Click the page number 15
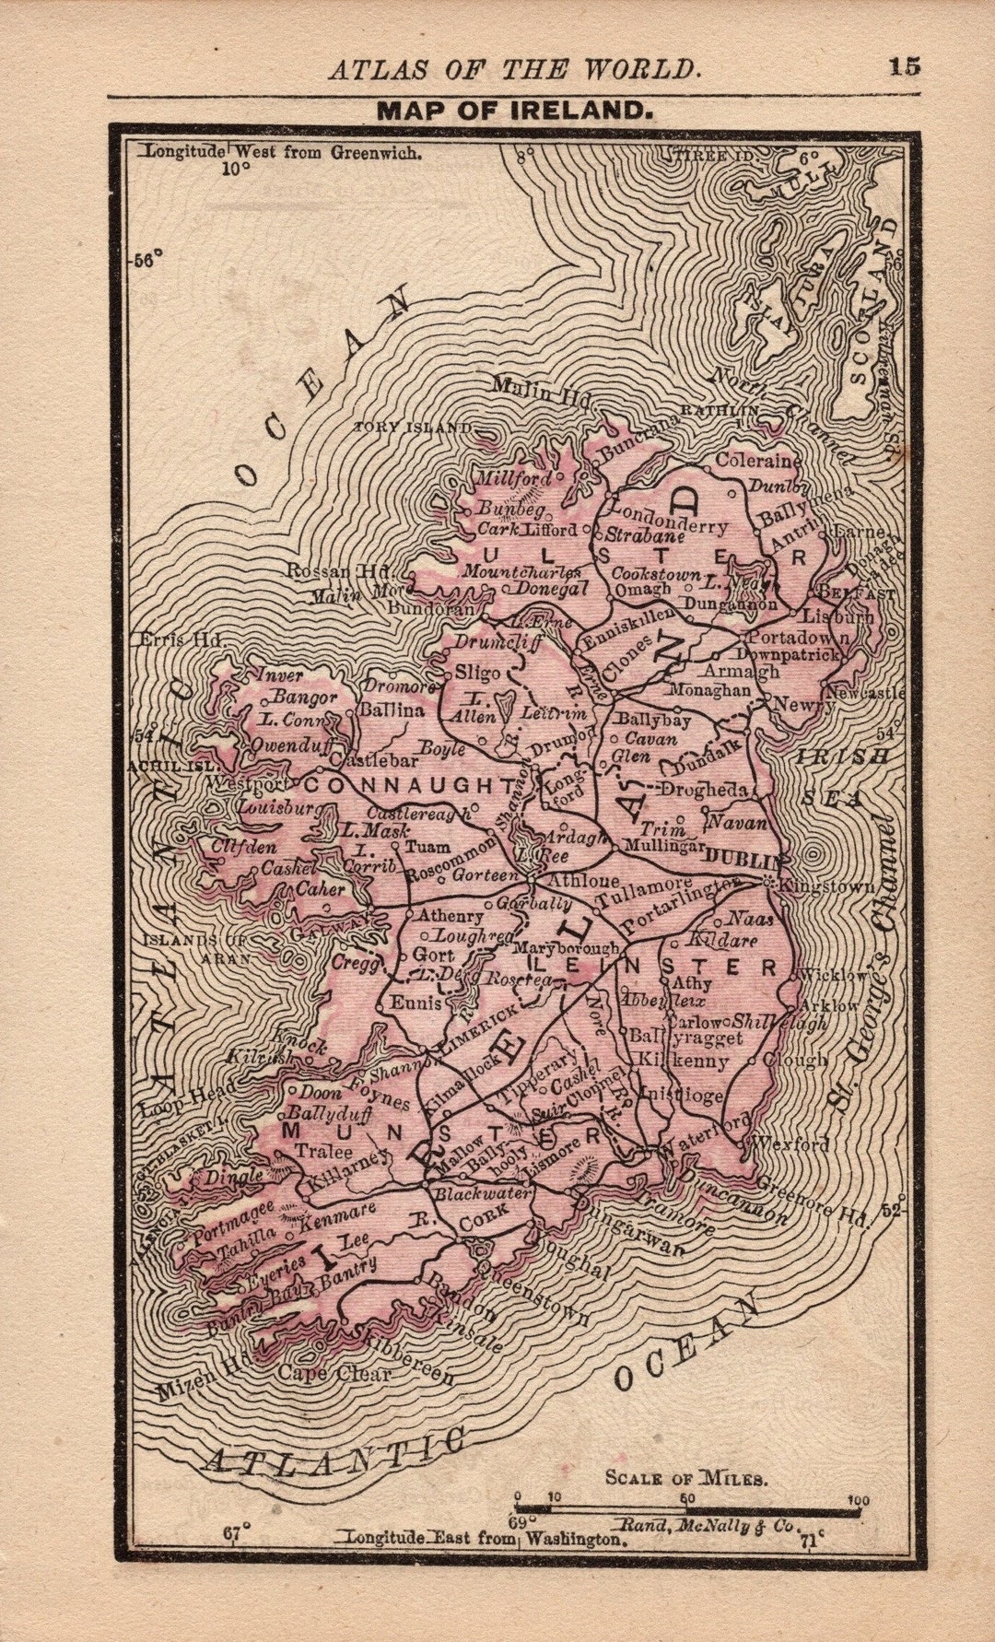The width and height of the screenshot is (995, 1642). click(905, 66)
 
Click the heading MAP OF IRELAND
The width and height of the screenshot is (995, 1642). click(515, 111)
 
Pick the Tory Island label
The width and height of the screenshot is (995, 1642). click(413, 428)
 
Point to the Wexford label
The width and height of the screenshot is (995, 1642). click(790, 1144)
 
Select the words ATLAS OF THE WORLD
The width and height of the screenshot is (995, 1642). click(513, 69)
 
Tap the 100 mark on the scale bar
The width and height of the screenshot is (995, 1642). click(858, 1500)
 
